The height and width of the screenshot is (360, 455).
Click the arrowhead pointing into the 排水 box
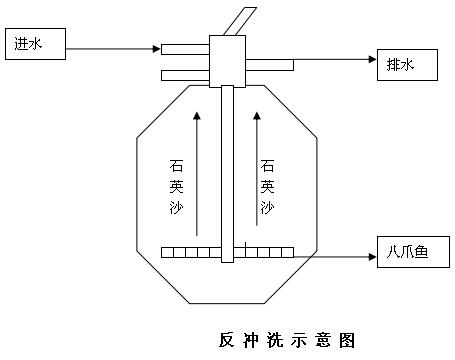click(x=373, y=59)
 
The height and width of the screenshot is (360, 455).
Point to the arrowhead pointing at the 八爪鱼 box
click(x=373, y=257)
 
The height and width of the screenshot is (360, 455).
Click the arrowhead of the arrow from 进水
click(x=157, y=49)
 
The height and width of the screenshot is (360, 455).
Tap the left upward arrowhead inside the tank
click(x=197, y=116)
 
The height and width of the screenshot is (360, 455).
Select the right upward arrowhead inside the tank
click(x=257, y=116)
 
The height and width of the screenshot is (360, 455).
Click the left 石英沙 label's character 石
click(x=176, y=166)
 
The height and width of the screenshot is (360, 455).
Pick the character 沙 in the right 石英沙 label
click(x=267, y=207)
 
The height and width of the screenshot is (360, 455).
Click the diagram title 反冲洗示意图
click(x=287, y=340)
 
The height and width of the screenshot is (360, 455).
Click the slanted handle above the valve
click(x=239, y=21)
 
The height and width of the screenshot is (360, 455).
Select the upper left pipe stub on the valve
click(x=185, y=49)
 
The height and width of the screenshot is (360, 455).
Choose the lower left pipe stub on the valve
click(x=185, y=75)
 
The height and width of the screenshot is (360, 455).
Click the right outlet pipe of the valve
click(x=270, y=65)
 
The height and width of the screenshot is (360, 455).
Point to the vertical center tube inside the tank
click(x=228, y=174)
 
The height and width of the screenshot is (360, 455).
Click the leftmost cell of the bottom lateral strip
click(x=167, y=252)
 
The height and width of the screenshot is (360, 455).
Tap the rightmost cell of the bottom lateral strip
click(x=288, y=252)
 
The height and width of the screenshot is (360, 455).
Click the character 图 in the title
click(x=347, y=340)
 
